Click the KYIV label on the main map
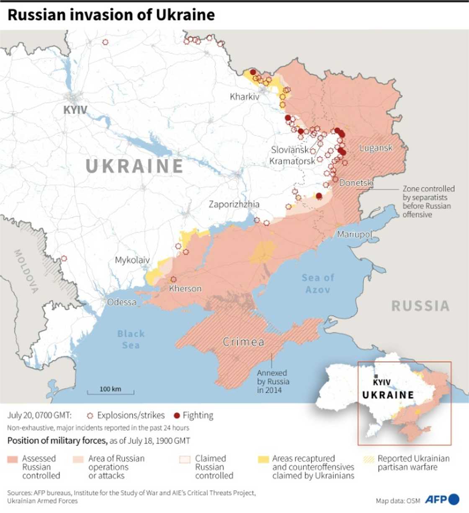tap(75, 110)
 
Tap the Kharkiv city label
tap(245, 97)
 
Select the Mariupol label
tap(354, 234)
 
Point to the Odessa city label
tap(121, 302)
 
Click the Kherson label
tap(185, 288)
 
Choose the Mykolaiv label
tap(132, 260)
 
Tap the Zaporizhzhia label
tap(234, 204)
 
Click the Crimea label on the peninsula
tap(243, 342)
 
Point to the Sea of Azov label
tap(318, 283)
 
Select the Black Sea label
tap(131, 339)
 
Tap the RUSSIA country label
tap(420, 306)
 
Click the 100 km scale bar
tap(111, 392)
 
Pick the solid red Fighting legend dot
tap(177, 415)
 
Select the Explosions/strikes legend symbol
tap(90, 416)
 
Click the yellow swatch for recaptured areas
tap(263, 459)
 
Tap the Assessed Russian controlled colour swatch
tap(13, 459)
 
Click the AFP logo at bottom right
tap(442, 499)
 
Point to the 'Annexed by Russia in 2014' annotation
tap(273, 381)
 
